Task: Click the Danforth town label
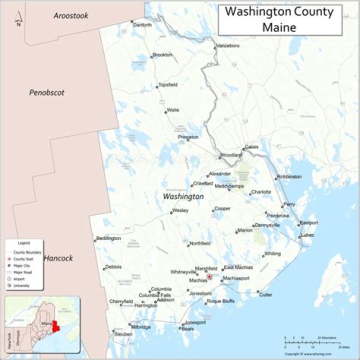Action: coord(142,24)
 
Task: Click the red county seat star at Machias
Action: coord(209,276)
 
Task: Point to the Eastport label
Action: coord(308,223)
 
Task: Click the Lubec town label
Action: coord(307,235)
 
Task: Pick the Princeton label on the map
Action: coord(188,137)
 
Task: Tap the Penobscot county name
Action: coord(46,92)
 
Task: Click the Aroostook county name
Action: coord(71,16)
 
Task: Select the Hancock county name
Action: coord(58,258)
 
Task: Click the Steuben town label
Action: coord(123,334)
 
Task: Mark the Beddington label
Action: coord(108,238)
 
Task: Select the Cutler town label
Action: coord(265,295)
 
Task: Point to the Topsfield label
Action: coord(167,85)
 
